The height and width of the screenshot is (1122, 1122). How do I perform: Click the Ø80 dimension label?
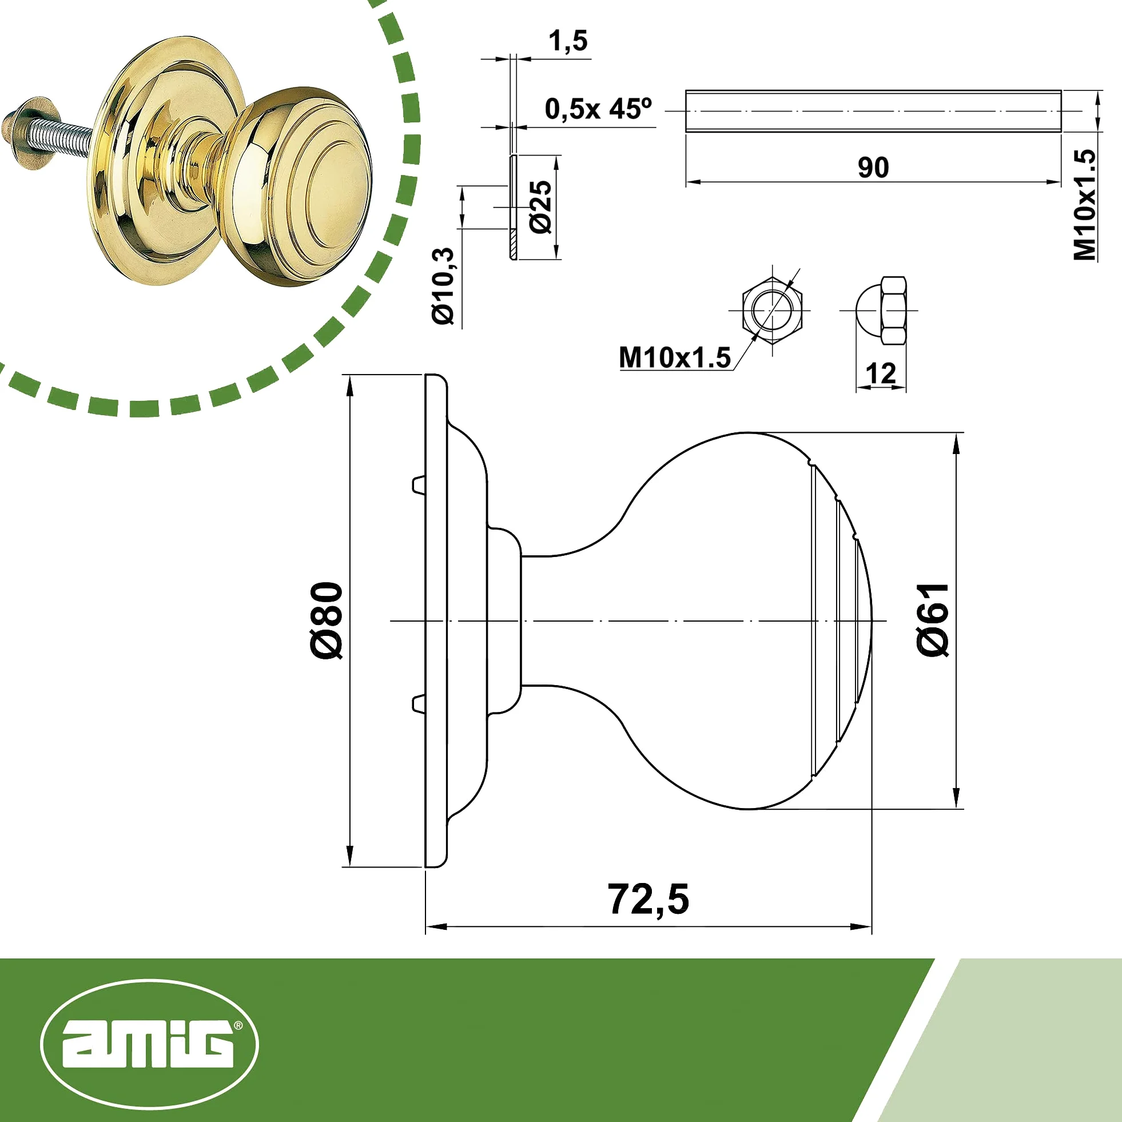pos(327,620)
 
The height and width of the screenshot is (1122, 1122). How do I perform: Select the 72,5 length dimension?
pos(648,900)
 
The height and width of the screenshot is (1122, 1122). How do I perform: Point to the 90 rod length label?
pos(873,167)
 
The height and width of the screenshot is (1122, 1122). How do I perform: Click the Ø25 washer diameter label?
pos(540,207)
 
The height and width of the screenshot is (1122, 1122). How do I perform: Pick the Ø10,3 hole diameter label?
pos(443,286)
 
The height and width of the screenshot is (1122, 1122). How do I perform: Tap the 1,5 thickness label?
pos(568,41)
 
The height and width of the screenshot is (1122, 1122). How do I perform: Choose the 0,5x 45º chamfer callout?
pos(598,109)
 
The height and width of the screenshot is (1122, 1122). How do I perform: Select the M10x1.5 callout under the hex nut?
pos(675,358)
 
